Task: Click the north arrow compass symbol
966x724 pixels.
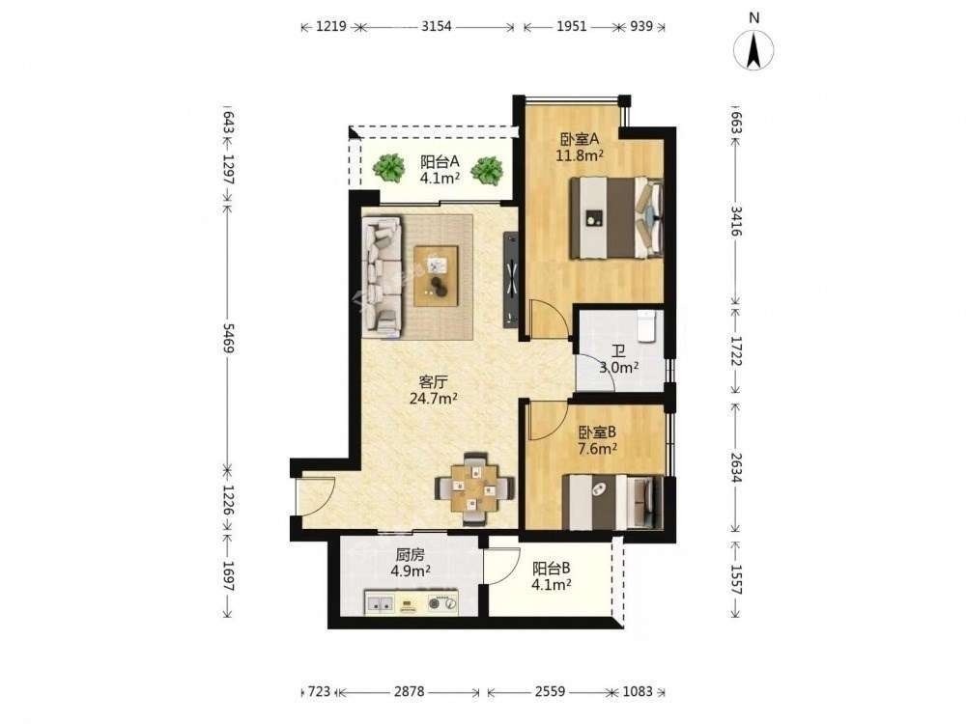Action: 753,49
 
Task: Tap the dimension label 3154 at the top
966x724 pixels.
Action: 436,26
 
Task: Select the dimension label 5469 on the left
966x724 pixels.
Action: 227,338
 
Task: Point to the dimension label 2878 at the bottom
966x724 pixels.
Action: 409,692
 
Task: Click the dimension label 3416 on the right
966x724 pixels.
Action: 735,221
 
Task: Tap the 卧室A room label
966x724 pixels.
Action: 579,139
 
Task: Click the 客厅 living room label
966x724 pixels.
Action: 433,381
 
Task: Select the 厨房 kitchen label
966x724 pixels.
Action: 410,555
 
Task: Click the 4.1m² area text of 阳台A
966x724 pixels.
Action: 440,179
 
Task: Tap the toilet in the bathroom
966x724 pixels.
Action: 646,325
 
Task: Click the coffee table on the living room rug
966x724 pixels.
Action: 437,276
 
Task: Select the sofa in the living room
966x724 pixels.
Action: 382,276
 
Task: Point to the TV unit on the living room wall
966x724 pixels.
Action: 511,279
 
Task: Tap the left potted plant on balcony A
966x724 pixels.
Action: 388,167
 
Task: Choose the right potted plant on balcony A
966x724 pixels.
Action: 487,169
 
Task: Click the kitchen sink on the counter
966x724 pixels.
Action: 380,604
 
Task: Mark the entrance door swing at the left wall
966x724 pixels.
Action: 315,497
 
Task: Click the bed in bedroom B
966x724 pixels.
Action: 613,502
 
